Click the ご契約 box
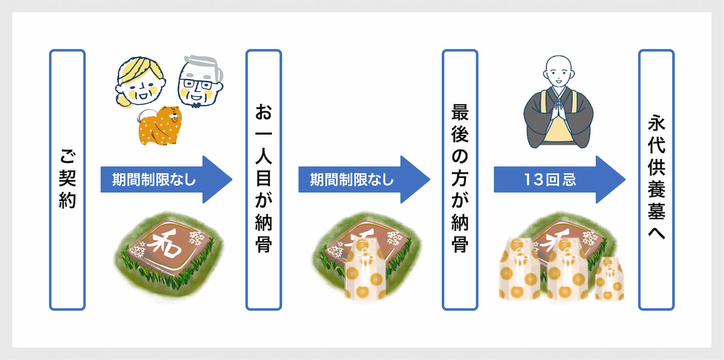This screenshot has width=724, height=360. pos(67,180)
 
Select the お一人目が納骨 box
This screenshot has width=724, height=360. pos(263,180)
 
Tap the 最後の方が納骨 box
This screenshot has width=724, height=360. pos(460,180)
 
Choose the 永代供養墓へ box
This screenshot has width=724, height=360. pos(656,180)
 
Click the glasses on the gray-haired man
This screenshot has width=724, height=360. pos(197,84)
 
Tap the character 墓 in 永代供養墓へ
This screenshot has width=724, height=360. pos(656,211)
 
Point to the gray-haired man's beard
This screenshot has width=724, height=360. pos(195,105)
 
